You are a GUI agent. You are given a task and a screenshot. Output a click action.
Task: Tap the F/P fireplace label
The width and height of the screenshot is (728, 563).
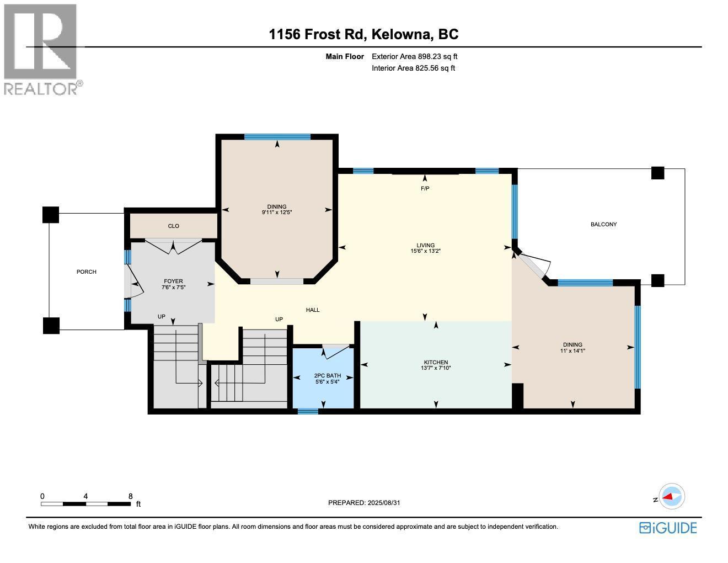[x=425, y=189]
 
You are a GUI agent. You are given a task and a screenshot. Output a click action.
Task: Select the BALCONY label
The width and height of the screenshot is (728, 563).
[x=603, y=224]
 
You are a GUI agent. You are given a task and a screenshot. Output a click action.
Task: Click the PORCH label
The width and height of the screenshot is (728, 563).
[x=87, y=272]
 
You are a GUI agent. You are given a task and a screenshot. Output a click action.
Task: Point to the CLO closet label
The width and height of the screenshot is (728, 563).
[x=173, y=226]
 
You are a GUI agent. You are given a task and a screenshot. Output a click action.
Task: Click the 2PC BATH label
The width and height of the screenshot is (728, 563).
[x=327, y=376]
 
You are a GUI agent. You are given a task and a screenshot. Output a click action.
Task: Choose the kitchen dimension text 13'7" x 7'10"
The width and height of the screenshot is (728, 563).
[x=436, y=368]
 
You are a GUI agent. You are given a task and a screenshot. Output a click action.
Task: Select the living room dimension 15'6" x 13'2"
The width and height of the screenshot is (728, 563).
[x=425, y=251]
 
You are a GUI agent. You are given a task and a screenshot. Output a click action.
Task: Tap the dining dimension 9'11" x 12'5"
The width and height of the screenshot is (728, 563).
[x=277, y=212]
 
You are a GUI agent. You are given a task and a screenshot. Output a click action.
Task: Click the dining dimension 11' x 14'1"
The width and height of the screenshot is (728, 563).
[x=572, y=350]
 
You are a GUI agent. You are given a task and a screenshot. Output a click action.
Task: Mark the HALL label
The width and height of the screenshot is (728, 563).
[x=313, y=310]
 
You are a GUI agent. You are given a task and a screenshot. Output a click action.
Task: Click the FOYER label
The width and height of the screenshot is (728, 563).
[x=173, y=281]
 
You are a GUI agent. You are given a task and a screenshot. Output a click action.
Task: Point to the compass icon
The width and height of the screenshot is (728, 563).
[x=672, y=496]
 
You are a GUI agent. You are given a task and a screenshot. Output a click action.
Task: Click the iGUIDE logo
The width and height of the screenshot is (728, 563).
[x=668, y=528]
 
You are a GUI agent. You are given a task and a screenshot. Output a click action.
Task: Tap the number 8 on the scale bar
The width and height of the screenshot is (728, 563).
[x=130, y=496]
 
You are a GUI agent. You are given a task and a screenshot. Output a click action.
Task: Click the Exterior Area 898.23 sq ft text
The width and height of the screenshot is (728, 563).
[x=414, y=56]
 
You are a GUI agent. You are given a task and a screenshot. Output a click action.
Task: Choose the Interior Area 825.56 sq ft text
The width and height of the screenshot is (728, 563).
[x=413, y=68]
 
